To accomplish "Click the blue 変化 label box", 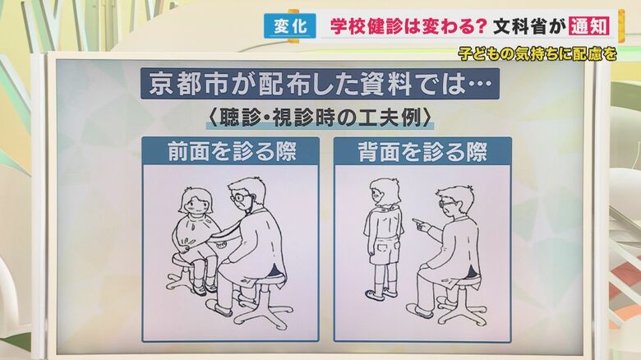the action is [290, 26].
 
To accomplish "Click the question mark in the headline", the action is [481, 26].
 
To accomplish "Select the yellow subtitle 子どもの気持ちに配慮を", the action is [537, 54].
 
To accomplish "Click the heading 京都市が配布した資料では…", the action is [320, 84].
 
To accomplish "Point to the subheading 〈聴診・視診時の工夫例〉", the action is [320, 118].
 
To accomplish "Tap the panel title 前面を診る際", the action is [231, 152].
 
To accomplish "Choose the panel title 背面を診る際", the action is [422, 152].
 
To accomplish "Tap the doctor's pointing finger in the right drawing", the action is [417, 222].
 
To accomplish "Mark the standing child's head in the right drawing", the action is [385, 192].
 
